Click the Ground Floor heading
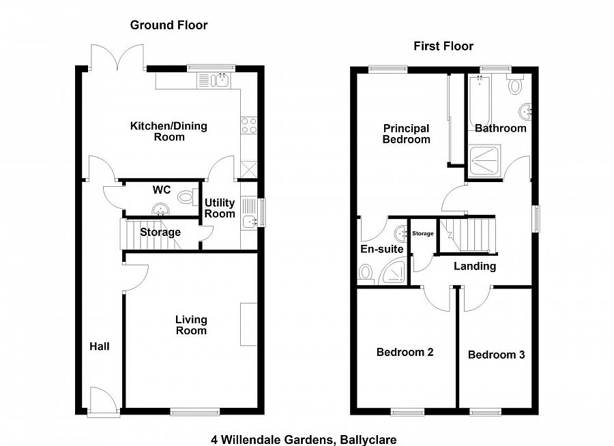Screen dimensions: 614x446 pyautogui.click(x=169, y=25)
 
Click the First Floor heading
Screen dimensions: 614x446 pyautogui.click(x=443, y=46)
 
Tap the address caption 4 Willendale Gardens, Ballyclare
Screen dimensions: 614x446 pyautogui.click(x=304, y=440)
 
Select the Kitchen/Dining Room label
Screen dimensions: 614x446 pyautogui.click(x=169, y=132)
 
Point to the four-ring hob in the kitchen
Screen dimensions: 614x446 pyautogui.click(x=249, y=125)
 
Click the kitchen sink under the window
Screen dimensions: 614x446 pyautogui.click(x=221, y=80)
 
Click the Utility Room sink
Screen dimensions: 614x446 pyautogui.click(x=249, y=222)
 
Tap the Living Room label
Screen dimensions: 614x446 pyautogui.click(x=191, y=325)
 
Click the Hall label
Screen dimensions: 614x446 pyautogui.click(x=100, y=346)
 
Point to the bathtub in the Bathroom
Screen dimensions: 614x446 pyautogui.click(x=479, y=104)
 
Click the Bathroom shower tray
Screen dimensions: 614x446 pyautogui.click(x=485, y=160)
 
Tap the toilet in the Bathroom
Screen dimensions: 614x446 pyautogui.click(x=514, y=83)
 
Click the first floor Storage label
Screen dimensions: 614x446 pyautogui.click(x=423, y=233)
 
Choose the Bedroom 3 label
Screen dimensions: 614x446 pyautogui.click(x=496, y=355)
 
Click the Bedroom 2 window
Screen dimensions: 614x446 pyautogui.click(x=408, y=411)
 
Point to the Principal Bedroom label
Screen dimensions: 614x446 pyautogui.click(x=406, y=134)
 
